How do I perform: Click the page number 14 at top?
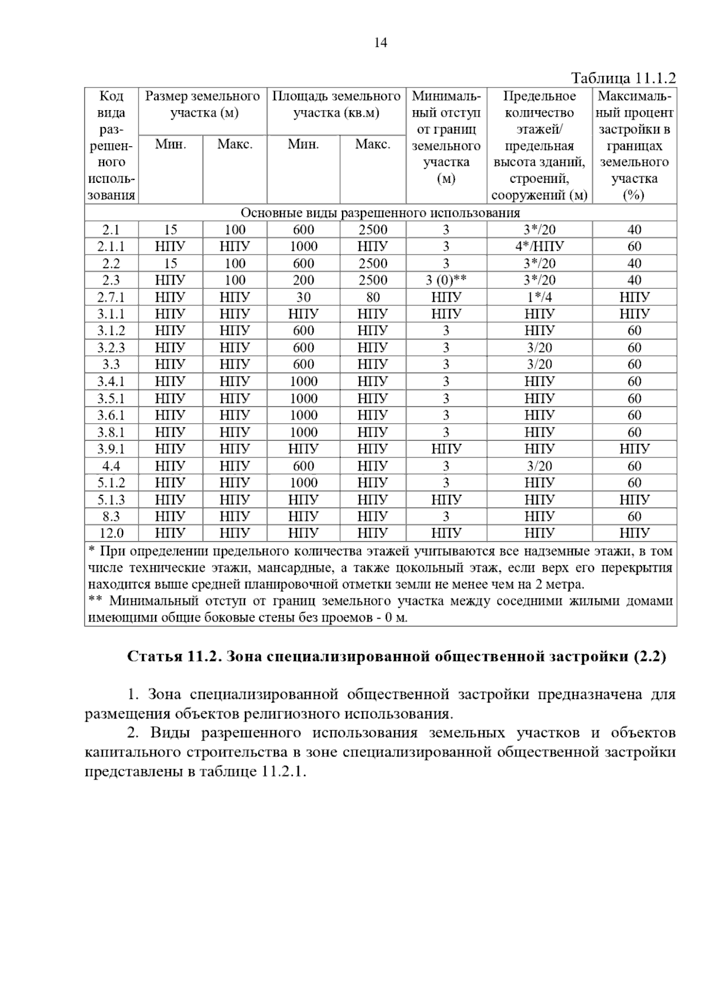[x=380, y=43]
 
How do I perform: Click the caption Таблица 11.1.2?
[x=622, y=79]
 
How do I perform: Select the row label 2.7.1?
[x=111, y=297]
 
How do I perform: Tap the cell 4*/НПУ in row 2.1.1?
[x=539, y=247]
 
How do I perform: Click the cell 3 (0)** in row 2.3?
[x=446, y=281]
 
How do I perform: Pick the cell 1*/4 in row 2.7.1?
[x=539, y=297]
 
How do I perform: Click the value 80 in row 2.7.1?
[x=373, y=297]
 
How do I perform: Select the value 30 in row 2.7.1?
[x=303, y=297]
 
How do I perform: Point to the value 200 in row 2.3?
[x=303, y=281]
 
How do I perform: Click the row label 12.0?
[x=111, y=533]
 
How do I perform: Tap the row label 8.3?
[x=111, y=517]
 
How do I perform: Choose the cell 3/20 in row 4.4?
[x=539, y=466]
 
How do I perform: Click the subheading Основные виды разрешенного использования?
[x=380, y=213]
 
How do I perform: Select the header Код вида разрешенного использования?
[x=111, y=146]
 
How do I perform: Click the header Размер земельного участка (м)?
[x=202, y=105]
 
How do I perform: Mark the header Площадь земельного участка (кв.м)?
[x=336, y=105]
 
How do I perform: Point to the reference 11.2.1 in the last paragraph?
[x=283, y=772]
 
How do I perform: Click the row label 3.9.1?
[x=111, y=449]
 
